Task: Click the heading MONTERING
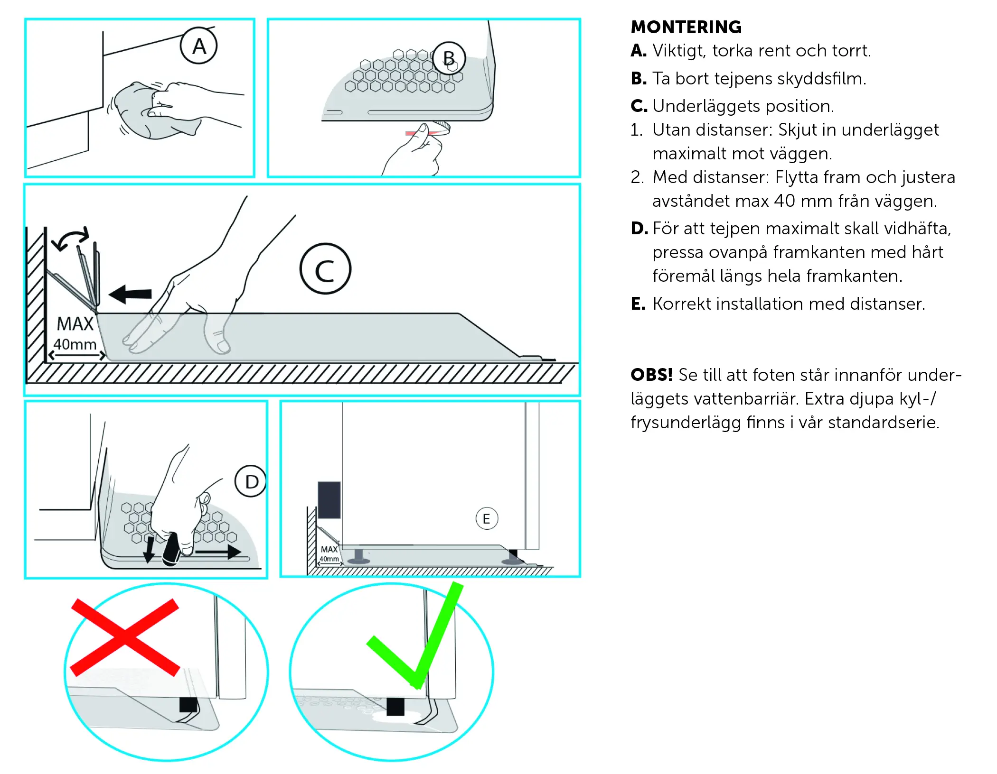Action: pyautogui.click(x=686, y=27)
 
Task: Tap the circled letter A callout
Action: pyautogui.click(x=199, y=46)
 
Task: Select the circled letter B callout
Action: pyautogui.click(x=449, y=58)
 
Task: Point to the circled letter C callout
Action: pyautogui.click(x=326, y=269)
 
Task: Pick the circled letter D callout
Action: pyautogui.click(x=251, y=481)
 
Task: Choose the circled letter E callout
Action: pyautogui.click(x=487, y=518)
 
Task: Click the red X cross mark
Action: pyautogui.click(x=125, y=637)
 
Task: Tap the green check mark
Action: pyautogui.click(x=414, y=636)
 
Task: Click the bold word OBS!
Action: pyautogui.click(x=651, y=375)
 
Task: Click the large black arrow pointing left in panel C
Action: pyautogui.click(x=130, y=294)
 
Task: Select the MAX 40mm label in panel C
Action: pyautogui.click(x=75, y=334)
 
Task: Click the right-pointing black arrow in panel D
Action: pyautogui.click(x=218, y=552)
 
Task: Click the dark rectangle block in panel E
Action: pyautogui.click(x=329, y=500)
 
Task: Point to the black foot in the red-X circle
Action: pyautogui.click(x=188, y=705)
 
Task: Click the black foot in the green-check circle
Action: pyautogui.click(x=395, y=707)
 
